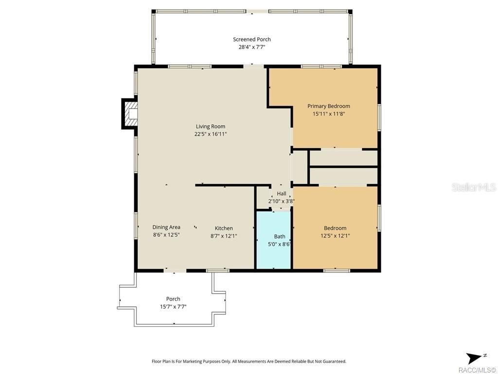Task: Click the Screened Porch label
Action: pyautogui.click(x=251, y=39)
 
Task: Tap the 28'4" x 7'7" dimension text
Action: pyautogui.click(x=251, y=47)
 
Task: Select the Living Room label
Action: pyautogui.click(x=211, y=126)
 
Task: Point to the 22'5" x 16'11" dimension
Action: pyautogui.click(x=211, y=134)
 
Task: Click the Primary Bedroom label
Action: pyautogui.click(x=328, y=106)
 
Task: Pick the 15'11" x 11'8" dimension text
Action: pyautogui.click(x=328, y=113)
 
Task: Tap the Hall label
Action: pyautogui.click(x=282, y=194)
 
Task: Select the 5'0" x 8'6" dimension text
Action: pyautogui.click(x=280, y=244)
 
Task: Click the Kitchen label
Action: pyautogui.click(x=224, y=228)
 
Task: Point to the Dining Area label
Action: pyautogui.click(x=166, y=227)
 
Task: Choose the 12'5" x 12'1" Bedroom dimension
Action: pyautogui.click(x=335, y=236)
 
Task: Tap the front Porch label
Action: pyautogui.click(x=173, y=299)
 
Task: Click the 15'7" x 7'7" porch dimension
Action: pyautogui.click(x=173, y=307)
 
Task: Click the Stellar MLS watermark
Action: pyautogui.click(x=473, y=187)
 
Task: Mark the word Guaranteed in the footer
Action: pyautogui.click(x=332, y=361)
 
